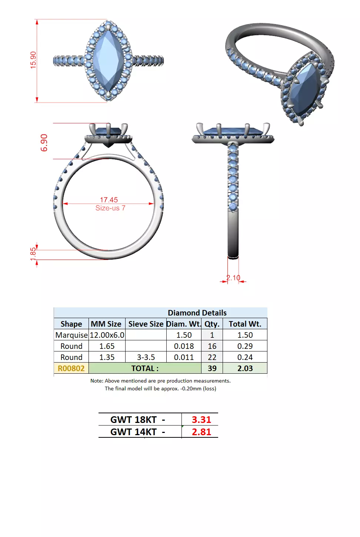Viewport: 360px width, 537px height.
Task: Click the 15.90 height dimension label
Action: [33, 60]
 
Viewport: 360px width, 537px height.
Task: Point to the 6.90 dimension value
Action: [44, 143]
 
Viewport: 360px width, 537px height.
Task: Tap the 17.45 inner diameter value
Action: [109, 200]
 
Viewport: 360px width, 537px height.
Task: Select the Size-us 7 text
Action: [110, 208]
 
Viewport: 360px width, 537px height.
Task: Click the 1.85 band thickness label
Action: [33, 254]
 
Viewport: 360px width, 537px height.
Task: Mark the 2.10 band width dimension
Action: [233, 278]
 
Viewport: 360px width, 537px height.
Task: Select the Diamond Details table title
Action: [197, 313]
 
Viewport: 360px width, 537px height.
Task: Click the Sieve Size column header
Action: [146, 324]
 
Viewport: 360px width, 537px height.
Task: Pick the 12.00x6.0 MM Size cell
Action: [107, 335]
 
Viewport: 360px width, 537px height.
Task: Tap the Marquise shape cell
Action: [71, 335]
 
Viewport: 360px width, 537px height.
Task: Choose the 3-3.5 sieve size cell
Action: [146, 357]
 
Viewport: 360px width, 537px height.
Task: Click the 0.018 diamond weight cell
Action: [184, 346]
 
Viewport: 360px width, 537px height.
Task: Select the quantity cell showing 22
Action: [212, 357]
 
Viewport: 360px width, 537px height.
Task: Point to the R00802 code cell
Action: [71, 368]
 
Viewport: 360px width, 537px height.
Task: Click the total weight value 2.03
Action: [245, 368]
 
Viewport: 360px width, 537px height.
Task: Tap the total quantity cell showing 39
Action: [212, 368]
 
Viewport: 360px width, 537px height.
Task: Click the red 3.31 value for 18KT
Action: [201, 420]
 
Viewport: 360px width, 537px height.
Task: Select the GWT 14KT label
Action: [134, 432]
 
